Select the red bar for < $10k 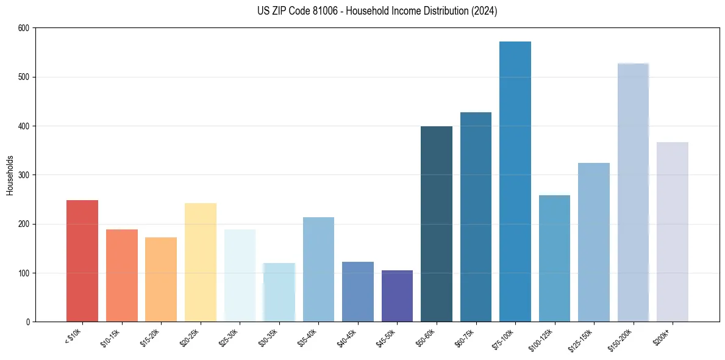pyautogui.click(x=82, y=261)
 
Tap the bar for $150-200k pyautogui.click(x=633, y=192)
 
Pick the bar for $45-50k pyautogui.click(x=397, y=296)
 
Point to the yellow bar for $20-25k pyautogui.click(x=201, y=262)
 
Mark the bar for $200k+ pyautogui.click(x=673, y=232)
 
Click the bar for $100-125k pyautogui.click(x=554, y=258)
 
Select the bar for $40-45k pyautogui.click(x=358, y=292)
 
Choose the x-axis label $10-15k pyautogui.click(x=112, y=337)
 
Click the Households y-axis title pyautogui.click(x=10, y=175)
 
